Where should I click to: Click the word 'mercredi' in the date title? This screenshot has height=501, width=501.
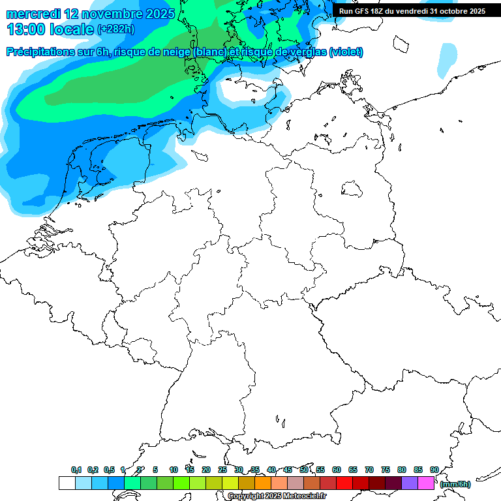pos(33,13)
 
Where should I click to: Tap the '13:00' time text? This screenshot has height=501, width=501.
pos(26,29)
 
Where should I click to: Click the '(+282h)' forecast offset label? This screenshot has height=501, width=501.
pos(116,29)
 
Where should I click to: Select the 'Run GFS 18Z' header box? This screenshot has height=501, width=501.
pos(412,11)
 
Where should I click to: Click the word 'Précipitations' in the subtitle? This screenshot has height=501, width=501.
pos(45,52)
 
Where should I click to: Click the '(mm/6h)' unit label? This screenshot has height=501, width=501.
pos(455,484)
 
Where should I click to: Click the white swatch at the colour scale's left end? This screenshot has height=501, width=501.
pos(67,483)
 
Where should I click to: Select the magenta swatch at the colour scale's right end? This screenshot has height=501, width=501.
pos(426,483)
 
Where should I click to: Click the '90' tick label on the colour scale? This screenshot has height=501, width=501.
pos(434,470)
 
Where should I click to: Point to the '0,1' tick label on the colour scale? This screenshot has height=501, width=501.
pos(76,470)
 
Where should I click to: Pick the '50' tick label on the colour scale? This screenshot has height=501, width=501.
pos(304,470)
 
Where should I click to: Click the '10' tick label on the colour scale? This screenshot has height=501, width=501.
pos(174,470)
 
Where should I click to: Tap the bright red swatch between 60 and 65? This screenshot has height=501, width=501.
pos(344,483)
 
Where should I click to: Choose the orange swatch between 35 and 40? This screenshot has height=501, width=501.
pos(263,483)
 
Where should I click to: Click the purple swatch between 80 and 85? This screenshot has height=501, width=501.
pos(410,483)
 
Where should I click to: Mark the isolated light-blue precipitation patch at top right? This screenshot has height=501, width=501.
pos(448,59)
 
